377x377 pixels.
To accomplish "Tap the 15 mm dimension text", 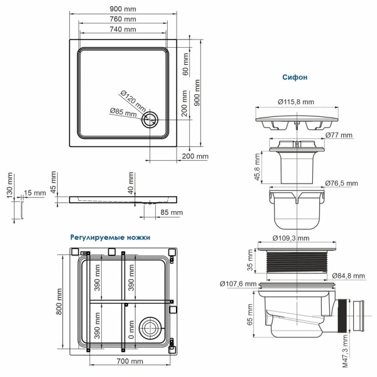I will (35, 193).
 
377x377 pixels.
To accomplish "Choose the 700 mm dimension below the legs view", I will (131, 361).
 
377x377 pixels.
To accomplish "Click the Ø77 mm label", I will (339, 136).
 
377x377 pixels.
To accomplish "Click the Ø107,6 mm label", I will (238, 284).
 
